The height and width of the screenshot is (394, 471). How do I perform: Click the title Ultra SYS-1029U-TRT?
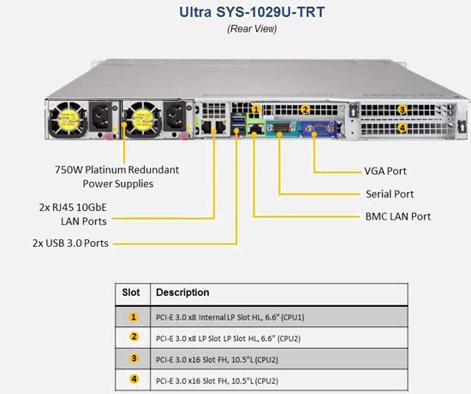[x=252, y=12]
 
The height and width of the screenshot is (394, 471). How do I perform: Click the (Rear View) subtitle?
[x=252, y=29]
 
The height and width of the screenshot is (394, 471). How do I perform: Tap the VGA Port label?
[x=385, y=171]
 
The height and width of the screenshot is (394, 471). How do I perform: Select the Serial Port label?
[x=390, y=194]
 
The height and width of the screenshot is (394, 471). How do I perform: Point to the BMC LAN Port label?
[x=398, y=216]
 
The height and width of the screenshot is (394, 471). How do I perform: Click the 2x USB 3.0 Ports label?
[x=70, y=244]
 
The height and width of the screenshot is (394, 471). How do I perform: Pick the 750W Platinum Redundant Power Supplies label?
[x=116, y=177]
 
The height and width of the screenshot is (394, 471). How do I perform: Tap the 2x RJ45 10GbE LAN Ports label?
[x=73, y=215]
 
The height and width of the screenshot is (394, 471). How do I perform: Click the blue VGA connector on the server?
[x=318, y=130]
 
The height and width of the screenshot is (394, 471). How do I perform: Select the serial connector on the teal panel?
[x=280, y=128]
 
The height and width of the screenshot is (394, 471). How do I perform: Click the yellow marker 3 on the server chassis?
[x=402, y=109]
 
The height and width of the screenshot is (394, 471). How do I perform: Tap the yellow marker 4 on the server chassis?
[x=402, y=128]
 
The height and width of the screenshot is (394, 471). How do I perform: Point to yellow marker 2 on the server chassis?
[x=305, y=109]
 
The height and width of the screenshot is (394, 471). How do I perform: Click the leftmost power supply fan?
[x=69, y=120]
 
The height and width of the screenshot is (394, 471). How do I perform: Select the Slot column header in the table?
[x=131, y=292]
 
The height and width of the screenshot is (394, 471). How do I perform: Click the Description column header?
[x=182, y=292]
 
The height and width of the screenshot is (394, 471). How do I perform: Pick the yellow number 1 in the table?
[x=134, y=317]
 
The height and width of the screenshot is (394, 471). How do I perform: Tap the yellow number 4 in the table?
[x=134, y=379]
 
